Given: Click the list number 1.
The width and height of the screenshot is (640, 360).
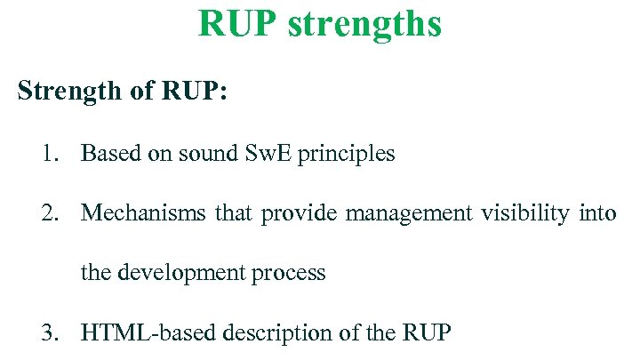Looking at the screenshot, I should pyautogui.click(x=48, y=154).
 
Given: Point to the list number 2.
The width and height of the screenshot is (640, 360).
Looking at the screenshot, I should pyautogui.click(x=48, y=213).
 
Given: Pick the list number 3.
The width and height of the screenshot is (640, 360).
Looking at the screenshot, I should pyautogui.click(x=48, y=333).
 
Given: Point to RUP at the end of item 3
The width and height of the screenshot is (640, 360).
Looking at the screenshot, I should pyautogui.click(x=427, y=333).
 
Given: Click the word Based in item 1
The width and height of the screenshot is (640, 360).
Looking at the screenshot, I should pyautogui.click(x=106, y=154).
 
